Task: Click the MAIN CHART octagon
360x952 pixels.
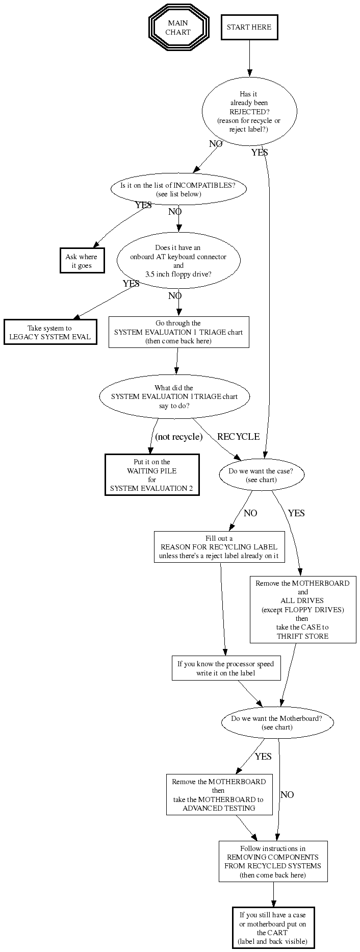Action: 178,28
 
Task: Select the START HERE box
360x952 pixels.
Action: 249,27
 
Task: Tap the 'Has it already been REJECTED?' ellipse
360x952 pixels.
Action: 249,112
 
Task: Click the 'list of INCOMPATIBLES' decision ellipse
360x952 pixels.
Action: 178,189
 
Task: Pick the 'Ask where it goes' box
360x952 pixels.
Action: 81,261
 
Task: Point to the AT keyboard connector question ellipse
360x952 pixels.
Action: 178,261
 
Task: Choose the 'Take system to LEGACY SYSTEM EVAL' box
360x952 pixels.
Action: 50,332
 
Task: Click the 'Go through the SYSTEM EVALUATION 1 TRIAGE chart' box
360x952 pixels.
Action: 178,332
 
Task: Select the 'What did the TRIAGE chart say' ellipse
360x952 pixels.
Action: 174,396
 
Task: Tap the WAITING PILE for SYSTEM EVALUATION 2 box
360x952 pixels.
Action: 152,475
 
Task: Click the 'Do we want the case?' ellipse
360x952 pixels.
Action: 261,475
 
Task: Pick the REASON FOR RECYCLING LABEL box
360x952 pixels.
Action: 219,547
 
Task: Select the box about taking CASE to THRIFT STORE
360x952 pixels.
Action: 303,609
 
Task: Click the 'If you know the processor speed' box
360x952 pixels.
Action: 226,668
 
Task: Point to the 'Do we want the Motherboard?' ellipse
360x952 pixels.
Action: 277,722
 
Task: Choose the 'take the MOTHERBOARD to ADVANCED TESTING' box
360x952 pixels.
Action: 219,795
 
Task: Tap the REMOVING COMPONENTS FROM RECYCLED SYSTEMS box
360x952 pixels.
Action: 273,861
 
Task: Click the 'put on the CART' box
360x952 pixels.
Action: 273,928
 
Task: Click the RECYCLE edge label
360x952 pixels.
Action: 238,437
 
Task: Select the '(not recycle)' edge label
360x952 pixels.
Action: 179,437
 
